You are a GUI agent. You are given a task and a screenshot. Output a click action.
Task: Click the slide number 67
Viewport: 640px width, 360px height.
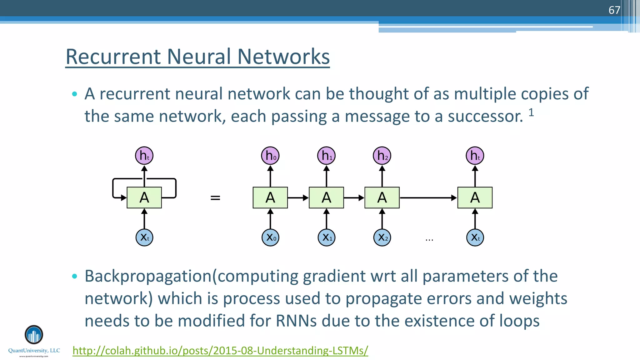[x=614, y=10]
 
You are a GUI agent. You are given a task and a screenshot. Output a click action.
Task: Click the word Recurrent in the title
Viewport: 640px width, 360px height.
[x=113, y=57]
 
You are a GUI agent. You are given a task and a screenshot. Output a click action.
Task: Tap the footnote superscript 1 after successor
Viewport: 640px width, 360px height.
[x=531, y=112]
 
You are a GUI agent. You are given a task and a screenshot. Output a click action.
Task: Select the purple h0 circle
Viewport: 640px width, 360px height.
[x=270, y=156]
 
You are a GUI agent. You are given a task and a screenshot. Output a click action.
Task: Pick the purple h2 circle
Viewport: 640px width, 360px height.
[x=382, y=156]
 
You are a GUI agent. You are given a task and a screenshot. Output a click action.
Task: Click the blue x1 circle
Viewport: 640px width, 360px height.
[x=327, y=237]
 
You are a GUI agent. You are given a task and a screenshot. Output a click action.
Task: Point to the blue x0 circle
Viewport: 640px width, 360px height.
[x=270, y=237]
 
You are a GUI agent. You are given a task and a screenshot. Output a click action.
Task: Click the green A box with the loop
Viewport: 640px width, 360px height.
[x=144, y=197]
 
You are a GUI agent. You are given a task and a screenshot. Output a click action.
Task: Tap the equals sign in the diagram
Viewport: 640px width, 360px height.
[x=215, y=198]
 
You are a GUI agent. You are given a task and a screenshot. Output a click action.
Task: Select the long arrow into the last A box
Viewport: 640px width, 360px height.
[x=428, y=198]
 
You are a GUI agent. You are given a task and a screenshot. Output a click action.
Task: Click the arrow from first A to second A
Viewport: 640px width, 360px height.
[x=298, y=198]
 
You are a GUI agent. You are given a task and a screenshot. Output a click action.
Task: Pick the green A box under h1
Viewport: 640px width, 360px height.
[x=326, y=197]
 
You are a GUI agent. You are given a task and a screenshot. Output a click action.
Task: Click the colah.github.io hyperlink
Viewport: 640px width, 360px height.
[x=220, y=350]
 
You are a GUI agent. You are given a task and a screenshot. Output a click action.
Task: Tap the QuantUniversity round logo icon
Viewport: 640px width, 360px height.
[x=34, y=335]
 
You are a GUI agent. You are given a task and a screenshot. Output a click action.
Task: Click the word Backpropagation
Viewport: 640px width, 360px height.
[x=148, y=276]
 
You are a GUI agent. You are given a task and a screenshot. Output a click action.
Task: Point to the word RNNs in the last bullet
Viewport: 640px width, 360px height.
[x=296, y=321]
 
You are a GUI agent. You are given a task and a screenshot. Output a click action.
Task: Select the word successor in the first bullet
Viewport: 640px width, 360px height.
[x=485, y=116]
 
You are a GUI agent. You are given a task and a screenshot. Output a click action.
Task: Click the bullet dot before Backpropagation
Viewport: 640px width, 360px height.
[x=74, y=276]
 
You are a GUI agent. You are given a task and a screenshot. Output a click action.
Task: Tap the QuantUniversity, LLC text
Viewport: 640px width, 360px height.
[x=34, y=351]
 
